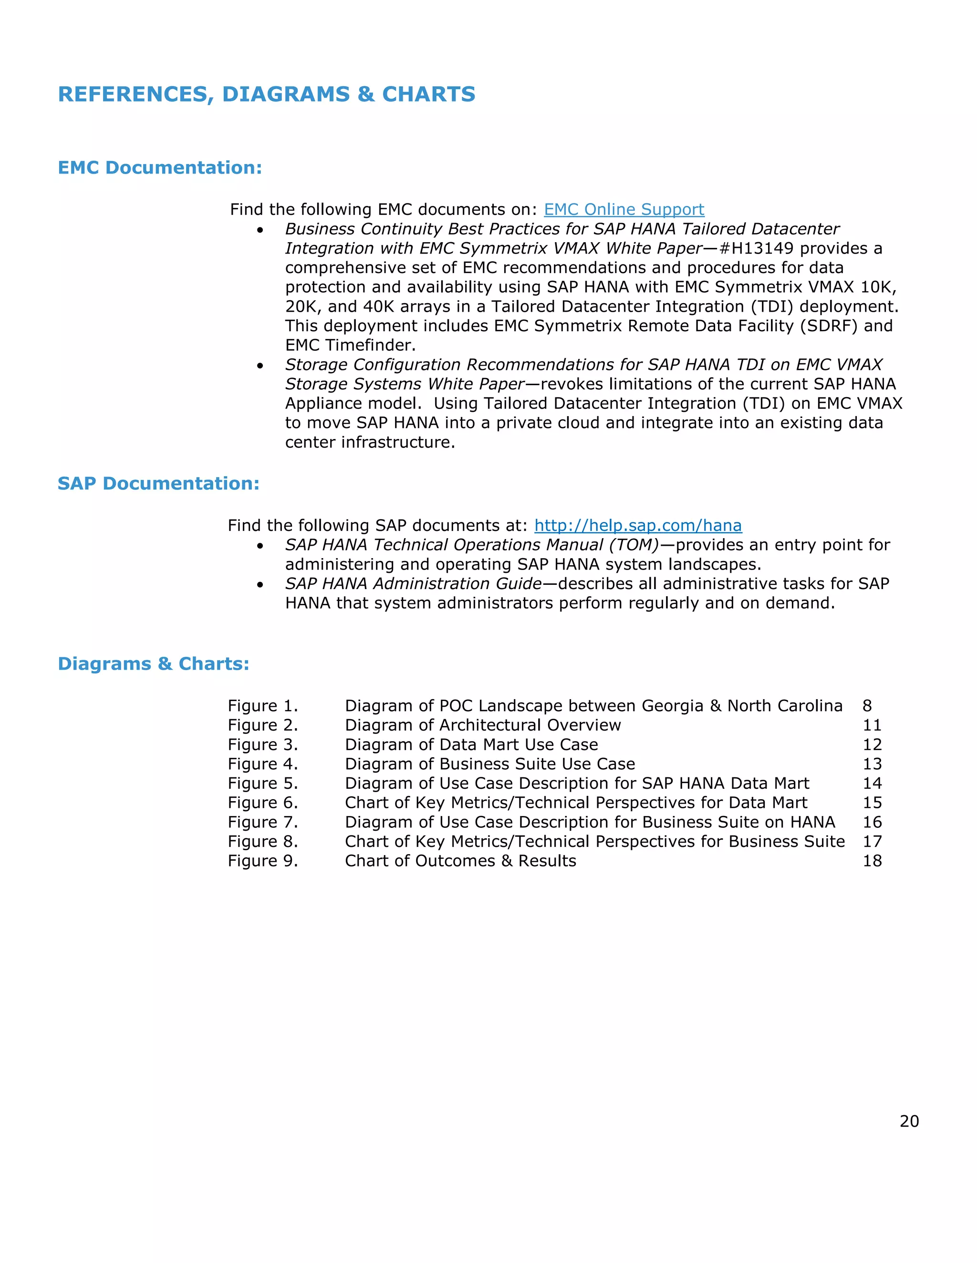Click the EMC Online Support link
(x=624, y=209)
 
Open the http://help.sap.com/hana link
(x=637, y=525)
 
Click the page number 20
(x=909, y=1121)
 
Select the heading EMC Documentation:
(x=160, y=168)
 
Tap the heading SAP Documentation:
(x=158, y=483)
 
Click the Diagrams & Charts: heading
(x=154, y=663)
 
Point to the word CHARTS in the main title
(x=428, y=94)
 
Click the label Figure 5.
(x=263, y=783)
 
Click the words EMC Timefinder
(x=350, y=345)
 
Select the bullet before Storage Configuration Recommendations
(x=260, y=366)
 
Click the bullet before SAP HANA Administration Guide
(x=260, y=585)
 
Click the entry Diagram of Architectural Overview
(x=482, y=725)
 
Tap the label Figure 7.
(x=263, y=822)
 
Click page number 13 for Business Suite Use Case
(x=872, y=764)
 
